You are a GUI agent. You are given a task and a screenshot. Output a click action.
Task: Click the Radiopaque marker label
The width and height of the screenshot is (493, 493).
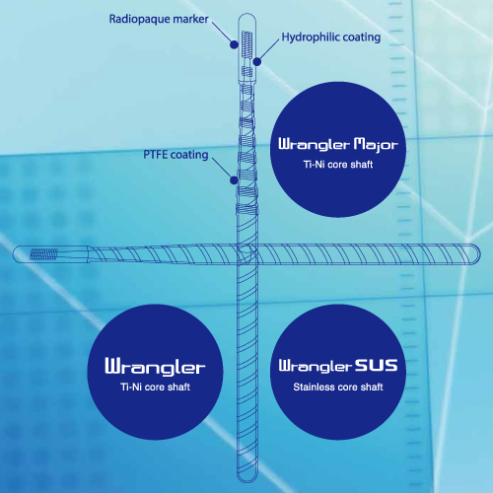pos(159,19)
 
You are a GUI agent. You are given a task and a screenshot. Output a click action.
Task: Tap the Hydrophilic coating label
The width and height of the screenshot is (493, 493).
pos(331,37)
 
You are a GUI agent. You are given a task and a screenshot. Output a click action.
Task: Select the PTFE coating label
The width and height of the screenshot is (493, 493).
pos(176,155)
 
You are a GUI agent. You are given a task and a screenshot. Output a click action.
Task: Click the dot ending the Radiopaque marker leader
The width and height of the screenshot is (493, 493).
pos(234,44)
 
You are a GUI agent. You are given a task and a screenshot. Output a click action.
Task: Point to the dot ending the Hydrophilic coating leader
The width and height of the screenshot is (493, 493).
pos(257,61)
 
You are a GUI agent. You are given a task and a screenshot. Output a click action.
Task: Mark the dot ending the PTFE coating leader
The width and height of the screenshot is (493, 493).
pos(234,180)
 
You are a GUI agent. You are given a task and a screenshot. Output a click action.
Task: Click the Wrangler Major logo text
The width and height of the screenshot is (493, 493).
pos(338,145)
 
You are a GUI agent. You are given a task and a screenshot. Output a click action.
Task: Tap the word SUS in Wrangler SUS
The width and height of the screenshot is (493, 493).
pos(376,366)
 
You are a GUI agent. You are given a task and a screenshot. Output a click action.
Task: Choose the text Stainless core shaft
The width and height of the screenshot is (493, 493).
pos(338,387)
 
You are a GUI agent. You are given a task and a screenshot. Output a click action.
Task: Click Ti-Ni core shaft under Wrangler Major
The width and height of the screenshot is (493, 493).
pos(338,165)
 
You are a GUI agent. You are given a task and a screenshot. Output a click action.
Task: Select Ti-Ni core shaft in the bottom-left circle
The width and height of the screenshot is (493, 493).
pos(155,387)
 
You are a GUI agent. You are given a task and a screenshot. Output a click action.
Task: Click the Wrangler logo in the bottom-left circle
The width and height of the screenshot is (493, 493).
pos(155,367)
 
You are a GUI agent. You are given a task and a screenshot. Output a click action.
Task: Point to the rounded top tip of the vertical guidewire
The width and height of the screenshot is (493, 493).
pos(246,14)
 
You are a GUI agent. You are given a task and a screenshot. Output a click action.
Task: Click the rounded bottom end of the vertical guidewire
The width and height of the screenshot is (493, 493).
pos(247,480)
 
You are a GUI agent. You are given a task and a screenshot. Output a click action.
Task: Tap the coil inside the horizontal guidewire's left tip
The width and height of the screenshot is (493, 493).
pos(44,254)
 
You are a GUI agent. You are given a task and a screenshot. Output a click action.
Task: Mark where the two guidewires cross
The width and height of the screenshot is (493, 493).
pos(247,254)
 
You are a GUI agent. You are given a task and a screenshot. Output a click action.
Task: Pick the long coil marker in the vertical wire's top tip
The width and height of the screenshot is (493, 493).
pos(246,44)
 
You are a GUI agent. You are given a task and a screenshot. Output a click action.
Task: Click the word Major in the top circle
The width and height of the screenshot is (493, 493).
pos(376,145)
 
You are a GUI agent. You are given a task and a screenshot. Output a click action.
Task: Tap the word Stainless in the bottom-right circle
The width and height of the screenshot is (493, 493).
pos(314,387)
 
